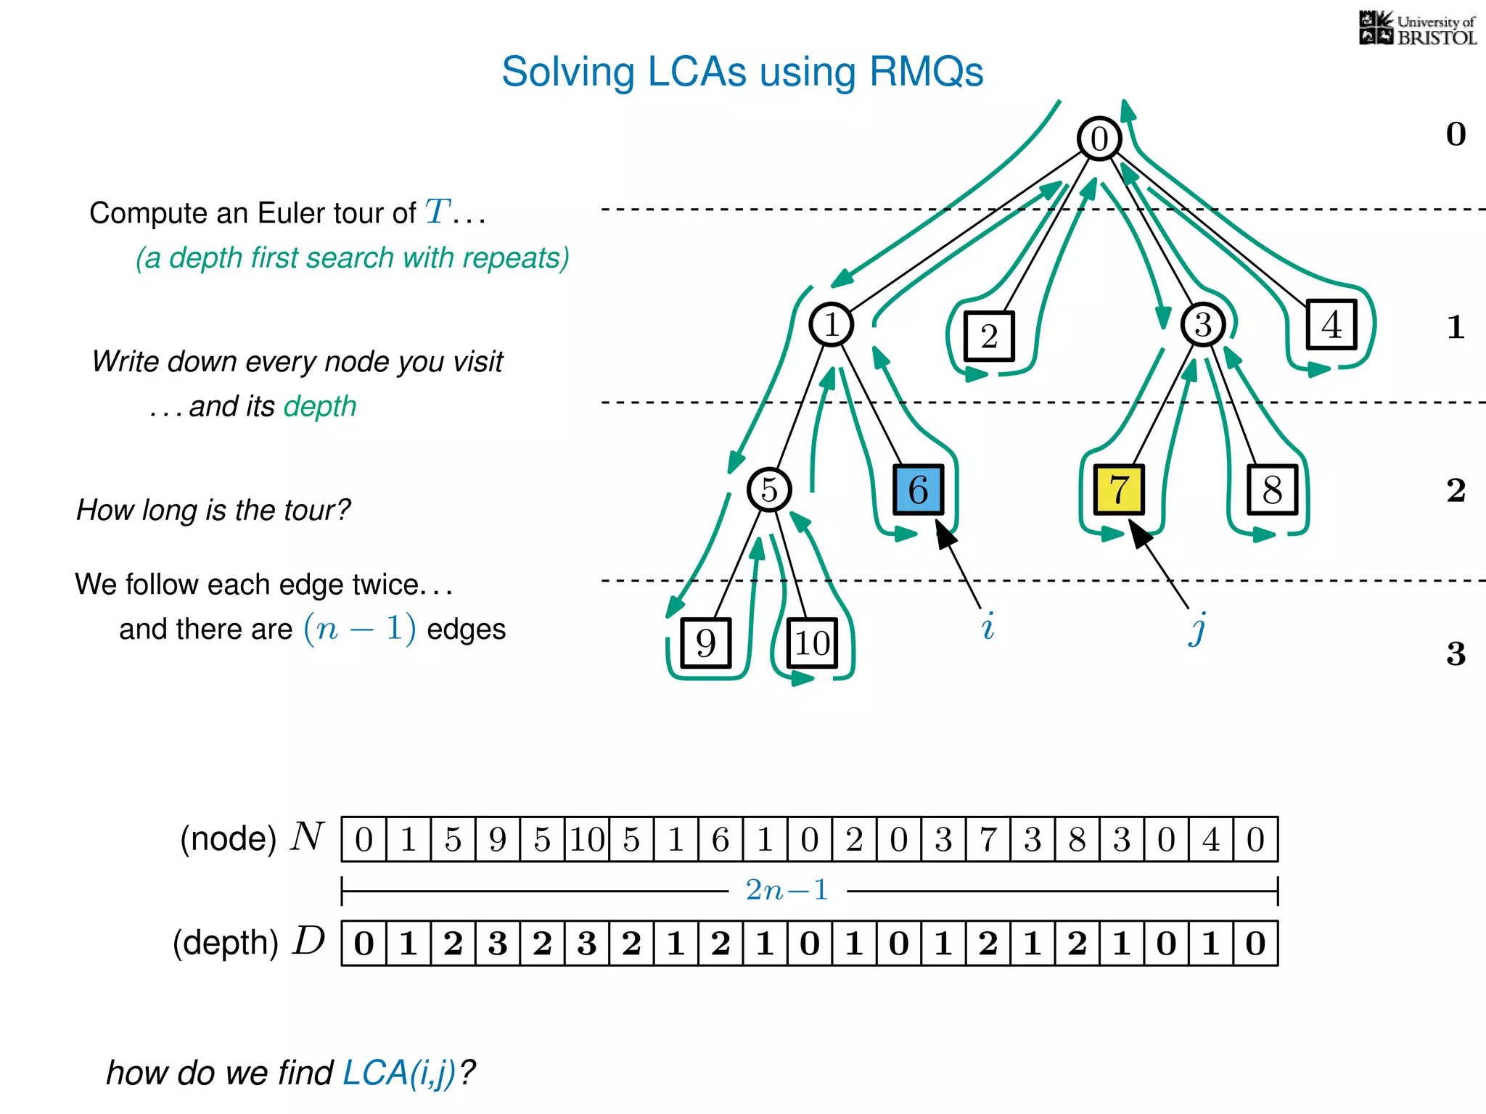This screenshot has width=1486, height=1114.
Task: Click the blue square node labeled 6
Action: (918, 490)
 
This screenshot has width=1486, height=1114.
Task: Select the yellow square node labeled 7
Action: (1118, 490)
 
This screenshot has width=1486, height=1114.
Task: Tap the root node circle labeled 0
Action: (1099, 139)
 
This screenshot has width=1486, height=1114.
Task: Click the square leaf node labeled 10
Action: (812, 643)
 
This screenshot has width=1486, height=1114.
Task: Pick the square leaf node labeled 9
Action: (705, 643)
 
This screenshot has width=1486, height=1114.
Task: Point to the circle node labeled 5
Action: (769, 490)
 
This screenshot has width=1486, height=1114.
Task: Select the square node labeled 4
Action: (1331, 324)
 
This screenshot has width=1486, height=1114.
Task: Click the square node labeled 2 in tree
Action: (989, 337)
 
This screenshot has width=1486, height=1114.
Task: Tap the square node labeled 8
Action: (1272, 490)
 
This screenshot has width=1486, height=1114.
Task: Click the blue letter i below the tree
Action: (988, 626)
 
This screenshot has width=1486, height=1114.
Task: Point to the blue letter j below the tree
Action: (1198, 627)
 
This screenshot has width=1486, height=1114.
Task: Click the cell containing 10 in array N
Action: (587, 839)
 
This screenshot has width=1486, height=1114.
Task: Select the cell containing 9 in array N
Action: (498, 839)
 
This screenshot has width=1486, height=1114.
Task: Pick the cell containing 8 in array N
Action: (1077, 839)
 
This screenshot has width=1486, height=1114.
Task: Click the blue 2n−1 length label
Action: (787, 890)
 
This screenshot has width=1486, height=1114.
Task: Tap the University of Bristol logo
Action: (1417, 29)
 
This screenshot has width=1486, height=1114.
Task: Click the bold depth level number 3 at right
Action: (1456, 654)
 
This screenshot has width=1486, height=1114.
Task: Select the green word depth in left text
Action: (320, 407)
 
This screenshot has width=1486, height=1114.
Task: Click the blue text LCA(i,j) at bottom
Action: (399, 1073)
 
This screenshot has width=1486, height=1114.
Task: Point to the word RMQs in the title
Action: (925, 72)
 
